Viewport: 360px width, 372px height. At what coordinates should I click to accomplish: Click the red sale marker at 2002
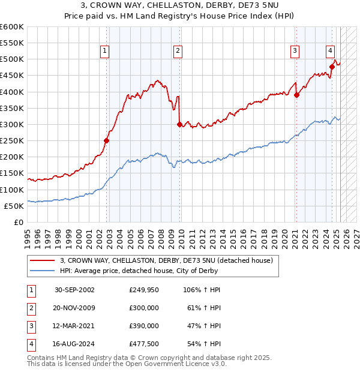tap(107, 140)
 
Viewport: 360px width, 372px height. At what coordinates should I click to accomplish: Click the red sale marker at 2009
tap(180, 124)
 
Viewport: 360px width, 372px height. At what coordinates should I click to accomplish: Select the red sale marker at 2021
tap(296, 95)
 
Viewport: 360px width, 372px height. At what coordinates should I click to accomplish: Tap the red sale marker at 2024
tap(332, 67)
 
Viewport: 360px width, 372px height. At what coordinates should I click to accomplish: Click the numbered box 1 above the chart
tap(105, 52)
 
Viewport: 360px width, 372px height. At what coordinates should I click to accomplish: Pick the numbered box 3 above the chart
tap(295, 52)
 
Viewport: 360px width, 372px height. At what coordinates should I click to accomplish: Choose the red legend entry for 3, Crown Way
tap(166, 260)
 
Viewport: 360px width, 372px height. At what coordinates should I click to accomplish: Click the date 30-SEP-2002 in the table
tap(74, 290)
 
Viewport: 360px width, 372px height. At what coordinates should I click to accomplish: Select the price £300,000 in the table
tap(144, 308)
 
